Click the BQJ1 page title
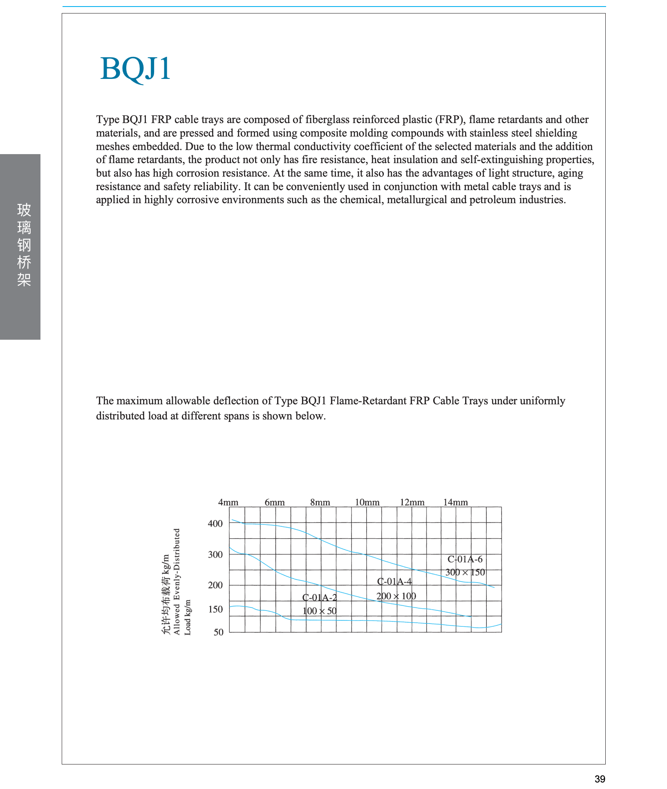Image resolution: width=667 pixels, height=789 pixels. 135,69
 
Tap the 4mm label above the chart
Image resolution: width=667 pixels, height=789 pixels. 228,502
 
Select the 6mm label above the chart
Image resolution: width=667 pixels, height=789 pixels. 275,502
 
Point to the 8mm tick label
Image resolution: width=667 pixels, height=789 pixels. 320,502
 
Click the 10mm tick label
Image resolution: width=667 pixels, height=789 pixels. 367,502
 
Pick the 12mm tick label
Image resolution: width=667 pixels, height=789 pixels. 412,502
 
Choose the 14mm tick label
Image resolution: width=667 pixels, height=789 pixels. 455,502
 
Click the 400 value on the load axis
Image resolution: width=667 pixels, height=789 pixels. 215,524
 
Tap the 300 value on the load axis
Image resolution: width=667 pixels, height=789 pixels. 215,555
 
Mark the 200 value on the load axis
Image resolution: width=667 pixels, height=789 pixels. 215,585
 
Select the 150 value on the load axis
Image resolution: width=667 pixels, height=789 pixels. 215,610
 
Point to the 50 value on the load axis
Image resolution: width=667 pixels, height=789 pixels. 219,632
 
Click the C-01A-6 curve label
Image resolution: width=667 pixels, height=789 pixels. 465,559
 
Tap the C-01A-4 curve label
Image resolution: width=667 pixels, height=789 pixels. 394,582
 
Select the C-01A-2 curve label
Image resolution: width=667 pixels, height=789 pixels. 320,598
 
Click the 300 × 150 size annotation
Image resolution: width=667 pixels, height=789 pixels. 465,572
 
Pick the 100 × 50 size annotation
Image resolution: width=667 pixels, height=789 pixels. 320,611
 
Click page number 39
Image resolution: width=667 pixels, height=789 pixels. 600,779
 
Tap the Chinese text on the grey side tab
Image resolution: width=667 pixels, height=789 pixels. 24,245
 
